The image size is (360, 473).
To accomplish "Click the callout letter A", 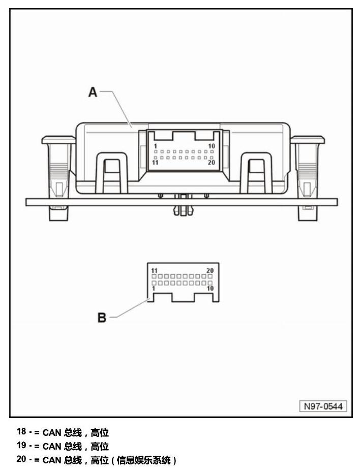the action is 93,92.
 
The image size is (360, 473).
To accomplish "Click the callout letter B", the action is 102,318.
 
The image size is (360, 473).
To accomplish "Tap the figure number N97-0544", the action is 323,406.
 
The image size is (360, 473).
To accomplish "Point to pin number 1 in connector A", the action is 155,146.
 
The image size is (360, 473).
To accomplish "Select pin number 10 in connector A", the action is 212,146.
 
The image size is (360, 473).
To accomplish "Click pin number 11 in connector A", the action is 155,163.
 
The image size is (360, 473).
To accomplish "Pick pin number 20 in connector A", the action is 212,163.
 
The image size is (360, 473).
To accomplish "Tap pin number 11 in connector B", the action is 155,271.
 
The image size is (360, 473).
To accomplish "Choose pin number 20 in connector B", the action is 210,271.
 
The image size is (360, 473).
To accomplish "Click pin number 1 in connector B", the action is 154,289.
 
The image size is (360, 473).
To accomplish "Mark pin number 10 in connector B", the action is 210,289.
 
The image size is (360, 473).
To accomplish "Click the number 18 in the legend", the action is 21,432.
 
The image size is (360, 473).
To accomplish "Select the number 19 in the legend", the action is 21,445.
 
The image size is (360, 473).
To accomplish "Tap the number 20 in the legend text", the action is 21,459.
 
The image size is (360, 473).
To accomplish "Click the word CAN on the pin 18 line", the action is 52,433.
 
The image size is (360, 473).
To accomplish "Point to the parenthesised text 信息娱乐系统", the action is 143,460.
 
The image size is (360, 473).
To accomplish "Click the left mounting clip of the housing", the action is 58,178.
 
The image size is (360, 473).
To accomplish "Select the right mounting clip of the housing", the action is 308,178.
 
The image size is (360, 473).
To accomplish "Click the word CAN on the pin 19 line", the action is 52,447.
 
